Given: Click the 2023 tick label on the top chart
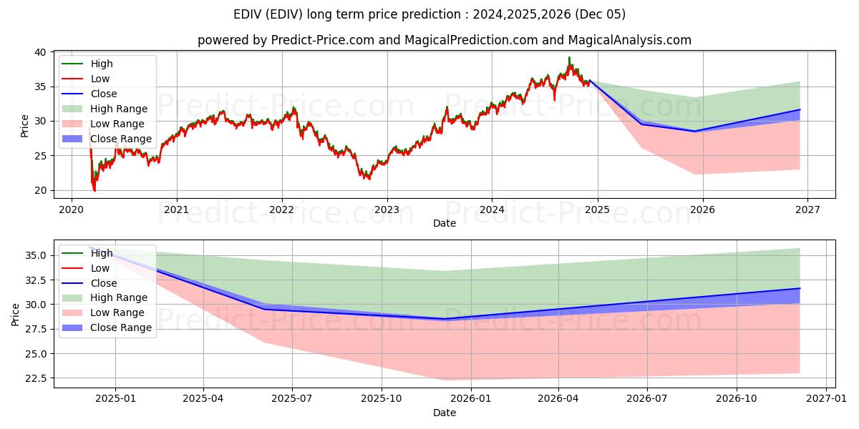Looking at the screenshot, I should [x=387, y=209].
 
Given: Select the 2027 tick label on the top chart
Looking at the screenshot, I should [x=807, y=209].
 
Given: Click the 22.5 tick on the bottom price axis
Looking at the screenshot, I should [x=34, y=378].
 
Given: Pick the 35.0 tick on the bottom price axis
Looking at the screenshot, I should [x=34, y=255].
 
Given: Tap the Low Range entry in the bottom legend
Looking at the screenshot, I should [x=117, y=312].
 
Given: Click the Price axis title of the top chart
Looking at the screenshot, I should [x=25, y=126].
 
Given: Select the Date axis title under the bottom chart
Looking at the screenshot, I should [x=445, y=413].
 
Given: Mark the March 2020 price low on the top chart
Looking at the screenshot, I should [x=94, y=190].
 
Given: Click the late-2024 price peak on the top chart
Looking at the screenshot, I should [x=569, y=58].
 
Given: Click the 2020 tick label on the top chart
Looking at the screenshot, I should [x=71, y=209].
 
